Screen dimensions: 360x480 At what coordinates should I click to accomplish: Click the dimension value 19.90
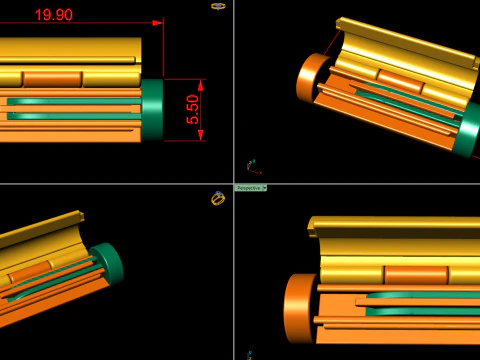click(x=52, y=14)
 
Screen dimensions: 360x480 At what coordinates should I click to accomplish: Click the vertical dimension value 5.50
click(x=193, y=109)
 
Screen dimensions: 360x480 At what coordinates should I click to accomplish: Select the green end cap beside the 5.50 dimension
click(x=152, y=109)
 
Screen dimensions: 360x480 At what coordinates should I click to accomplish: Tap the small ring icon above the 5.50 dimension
click(x=218, y=6)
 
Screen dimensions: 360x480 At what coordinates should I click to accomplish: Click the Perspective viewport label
click(x=250, y=188)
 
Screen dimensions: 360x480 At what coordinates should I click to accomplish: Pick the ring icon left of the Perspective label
click(x=218, y=198)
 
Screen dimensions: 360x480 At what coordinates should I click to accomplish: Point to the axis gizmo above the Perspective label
click(x=251, y=166)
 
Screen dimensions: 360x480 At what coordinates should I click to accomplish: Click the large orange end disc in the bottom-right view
click(x=299, y=309)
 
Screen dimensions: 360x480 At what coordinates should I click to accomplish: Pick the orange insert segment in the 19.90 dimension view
click(x=51, y=77)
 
